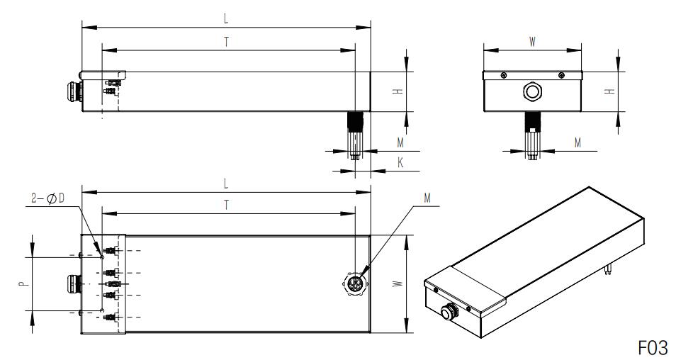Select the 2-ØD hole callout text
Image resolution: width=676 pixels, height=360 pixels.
click(48, 198)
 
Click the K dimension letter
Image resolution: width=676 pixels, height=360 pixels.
click(400, 162)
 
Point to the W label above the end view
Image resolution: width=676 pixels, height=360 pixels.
click(532, 42)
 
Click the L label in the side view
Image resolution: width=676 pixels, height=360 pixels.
click(226, 18)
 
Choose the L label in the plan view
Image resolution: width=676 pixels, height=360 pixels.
click(226, 184)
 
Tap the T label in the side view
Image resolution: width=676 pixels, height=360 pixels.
click(227, 42)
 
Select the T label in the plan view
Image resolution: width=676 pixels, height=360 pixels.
click(227, 205)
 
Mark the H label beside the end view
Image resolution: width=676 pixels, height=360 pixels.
click(609, 91)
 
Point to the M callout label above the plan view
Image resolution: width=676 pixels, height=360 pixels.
click(427, 198)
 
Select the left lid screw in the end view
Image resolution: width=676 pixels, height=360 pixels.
click(504, 75)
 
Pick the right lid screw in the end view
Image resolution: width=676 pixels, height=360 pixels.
click(561, 75)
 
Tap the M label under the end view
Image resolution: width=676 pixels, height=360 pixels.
click(578, 142)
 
